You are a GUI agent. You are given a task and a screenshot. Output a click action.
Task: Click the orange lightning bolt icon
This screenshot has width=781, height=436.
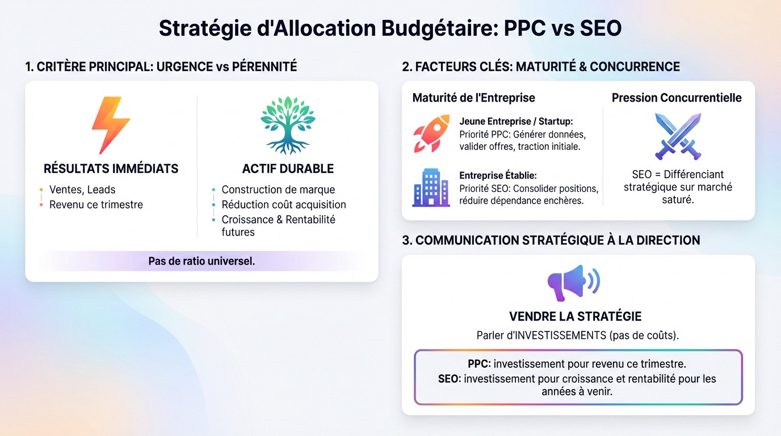(x=111, y=125)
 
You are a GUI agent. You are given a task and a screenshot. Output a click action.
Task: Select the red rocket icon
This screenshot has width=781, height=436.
(x=431, y=133)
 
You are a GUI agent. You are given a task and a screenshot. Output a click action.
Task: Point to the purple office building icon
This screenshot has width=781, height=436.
(x=430, y=188)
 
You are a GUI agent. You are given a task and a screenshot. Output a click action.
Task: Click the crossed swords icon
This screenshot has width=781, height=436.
(x=678, y=136)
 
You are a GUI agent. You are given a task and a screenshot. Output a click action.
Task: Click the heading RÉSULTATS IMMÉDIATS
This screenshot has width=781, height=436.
(x=111, y=169)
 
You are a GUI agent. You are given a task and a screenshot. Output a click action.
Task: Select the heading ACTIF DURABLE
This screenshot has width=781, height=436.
(x=288, y=169)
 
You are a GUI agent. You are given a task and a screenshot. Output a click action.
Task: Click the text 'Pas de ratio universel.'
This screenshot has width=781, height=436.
(x=201, y=261)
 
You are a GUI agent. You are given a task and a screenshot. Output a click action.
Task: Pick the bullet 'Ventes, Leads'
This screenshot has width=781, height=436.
(x=82, y=190)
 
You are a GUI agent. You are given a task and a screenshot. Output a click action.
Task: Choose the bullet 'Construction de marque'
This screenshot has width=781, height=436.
(x=278, y=190)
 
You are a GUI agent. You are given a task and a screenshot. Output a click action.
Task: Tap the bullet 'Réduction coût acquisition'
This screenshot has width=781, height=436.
(x=284, y=204)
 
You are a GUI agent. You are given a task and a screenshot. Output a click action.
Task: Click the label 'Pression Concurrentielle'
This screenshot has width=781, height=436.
(x=677, y=98)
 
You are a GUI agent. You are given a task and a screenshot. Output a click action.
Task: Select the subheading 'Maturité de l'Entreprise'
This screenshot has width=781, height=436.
(x=473, y=98)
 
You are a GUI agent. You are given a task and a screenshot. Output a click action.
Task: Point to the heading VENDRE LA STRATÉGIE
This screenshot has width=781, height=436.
(x=576, y=316)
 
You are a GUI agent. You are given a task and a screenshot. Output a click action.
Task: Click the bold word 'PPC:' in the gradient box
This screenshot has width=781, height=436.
(x=480, y=364)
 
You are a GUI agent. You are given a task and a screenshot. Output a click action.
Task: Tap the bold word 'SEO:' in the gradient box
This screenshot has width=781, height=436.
(x=450, y=379)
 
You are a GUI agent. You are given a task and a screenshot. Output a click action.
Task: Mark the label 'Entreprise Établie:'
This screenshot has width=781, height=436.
(x=498, y=175)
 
